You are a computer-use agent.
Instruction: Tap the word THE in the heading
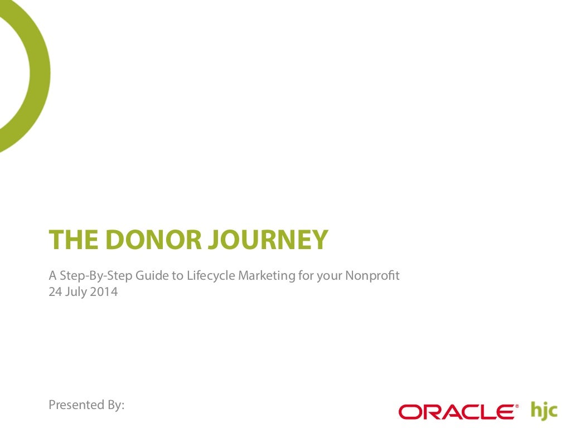71,240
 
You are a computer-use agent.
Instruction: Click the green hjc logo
544,410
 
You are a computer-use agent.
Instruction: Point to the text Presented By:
86,405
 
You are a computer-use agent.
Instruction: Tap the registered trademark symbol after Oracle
516,406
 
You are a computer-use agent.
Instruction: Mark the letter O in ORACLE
410,412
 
